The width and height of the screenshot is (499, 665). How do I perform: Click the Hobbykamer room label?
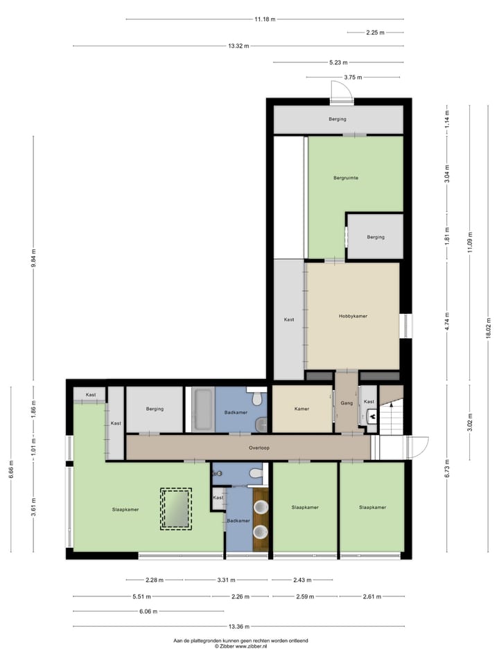[x=353, y=316]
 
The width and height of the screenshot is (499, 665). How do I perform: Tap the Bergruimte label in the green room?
[x=346, y=178]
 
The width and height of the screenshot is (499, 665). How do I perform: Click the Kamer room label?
[x=301, y=409]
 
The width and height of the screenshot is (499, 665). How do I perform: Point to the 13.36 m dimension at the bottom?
[x=238, y=626]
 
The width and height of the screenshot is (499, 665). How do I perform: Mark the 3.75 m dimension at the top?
[x=354, y=78]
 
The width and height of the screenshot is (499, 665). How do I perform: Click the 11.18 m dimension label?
[x=265, y=19]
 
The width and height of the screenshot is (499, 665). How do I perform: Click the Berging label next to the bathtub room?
[x=155, y=409]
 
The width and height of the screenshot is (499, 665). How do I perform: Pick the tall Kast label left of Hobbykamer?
[x=289, y=319]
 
